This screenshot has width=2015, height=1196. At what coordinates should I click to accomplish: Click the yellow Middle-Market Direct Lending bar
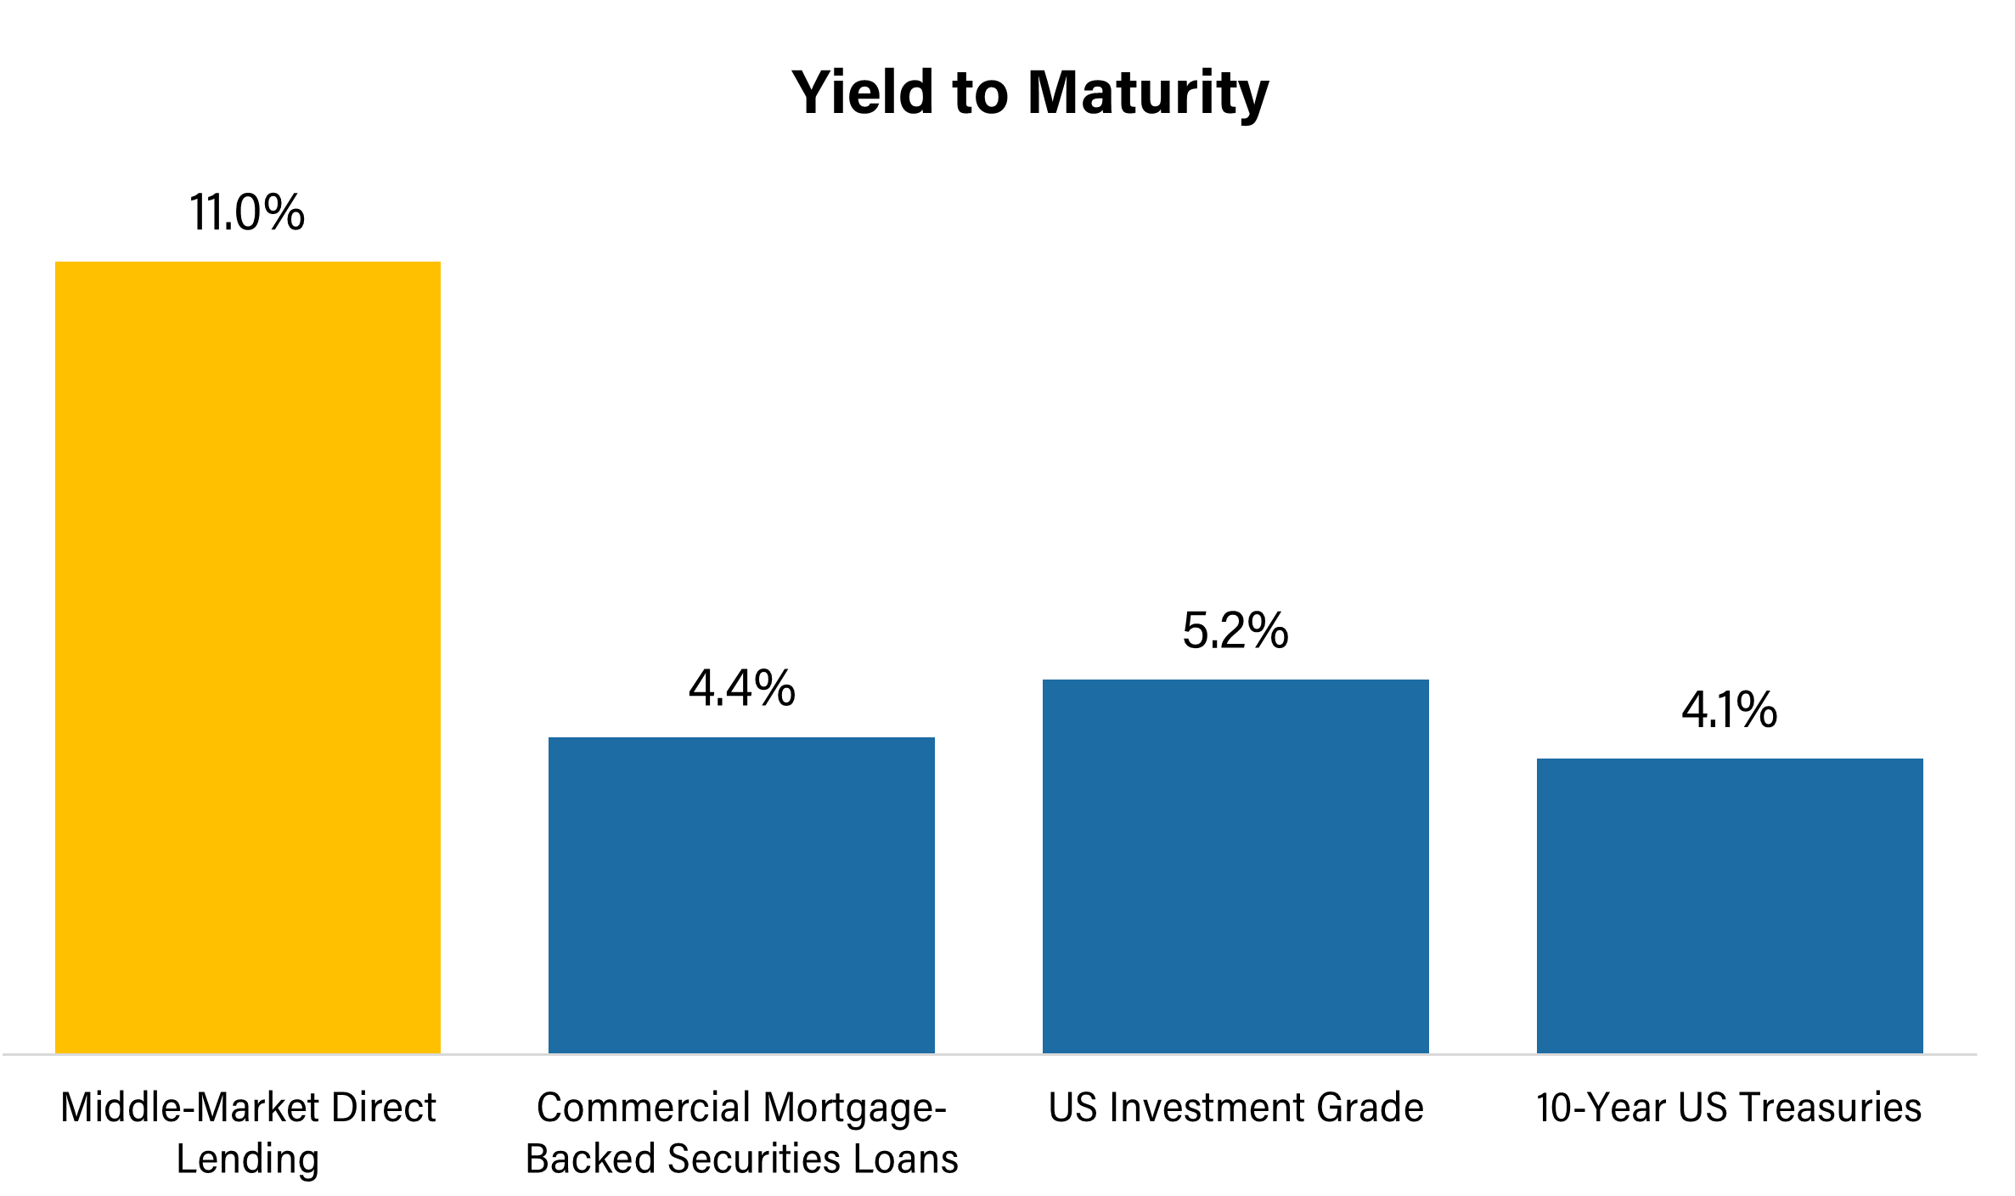(x=247, y=658)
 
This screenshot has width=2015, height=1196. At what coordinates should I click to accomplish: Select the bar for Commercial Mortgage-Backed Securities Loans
(x=741, y=895)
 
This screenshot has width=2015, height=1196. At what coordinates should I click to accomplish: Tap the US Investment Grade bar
(x=1235, y=866)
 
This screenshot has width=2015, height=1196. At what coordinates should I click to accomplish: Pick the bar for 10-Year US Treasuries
(x=1730, y=905)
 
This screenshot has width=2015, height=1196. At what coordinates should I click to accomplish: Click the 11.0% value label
(x=246, y=212)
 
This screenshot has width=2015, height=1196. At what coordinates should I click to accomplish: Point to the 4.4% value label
(x=741, y=688)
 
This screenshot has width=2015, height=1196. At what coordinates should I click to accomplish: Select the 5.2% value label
(x=1235, y=631)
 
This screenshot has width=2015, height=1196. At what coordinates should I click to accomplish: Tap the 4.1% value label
(x=1729, y=710)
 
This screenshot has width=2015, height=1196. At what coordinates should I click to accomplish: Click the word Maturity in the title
(x=1148, y=93)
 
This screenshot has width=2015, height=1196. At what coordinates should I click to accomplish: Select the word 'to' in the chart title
(x=980, y=93)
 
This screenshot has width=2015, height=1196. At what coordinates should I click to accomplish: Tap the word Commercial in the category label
(x=644, y=1108)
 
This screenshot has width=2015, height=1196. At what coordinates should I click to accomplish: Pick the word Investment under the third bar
(x=1206, y=1108)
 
